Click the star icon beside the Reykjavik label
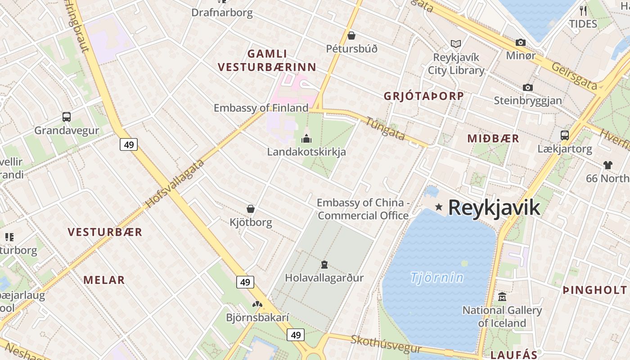click(439, 207)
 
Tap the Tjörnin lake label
click(436, 277)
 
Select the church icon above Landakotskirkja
click(306, 138)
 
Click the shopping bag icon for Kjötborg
click(251, 209)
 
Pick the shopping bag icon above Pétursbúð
click(351, 35)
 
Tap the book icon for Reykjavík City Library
click(456, 44)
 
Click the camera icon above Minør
click(521, 42)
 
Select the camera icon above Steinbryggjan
click(528, 87)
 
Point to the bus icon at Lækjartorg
click(564, 135)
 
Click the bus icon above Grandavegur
click(67, 117)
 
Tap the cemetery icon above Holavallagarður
click(324, 264)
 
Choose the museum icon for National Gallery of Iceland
click(502, 297)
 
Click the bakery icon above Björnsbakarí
click(257, 304)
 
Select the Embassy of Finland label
click(261, 108)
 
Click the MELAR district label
click(104, 280)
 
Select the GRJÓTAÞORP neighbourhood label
click(423, 96)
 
